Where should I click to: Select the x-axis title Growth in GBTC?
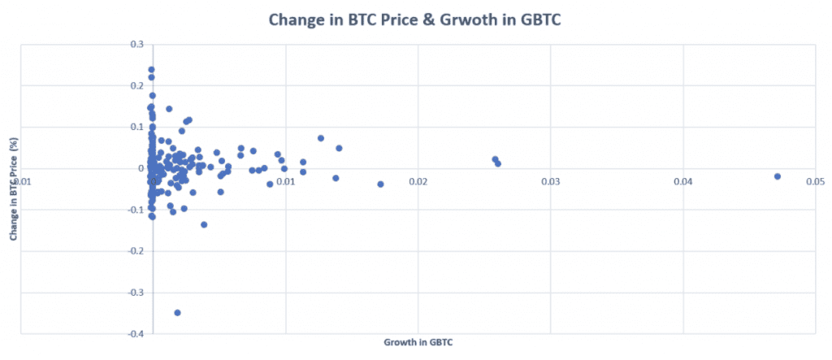(x=418, y=343)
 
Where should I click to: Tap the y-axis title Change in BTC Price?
(x=13, y=189)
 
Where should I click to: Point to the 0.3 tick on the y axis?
(x=138, y=44)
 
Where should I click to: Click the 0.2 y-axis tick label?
(x=138, y=85)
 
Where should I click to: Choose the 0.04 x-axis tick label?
(x=682, y=181)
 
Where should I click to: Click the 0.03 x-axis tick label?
(x=550, y=181)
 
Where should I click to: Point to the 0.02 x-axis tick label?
(x=418, y=181)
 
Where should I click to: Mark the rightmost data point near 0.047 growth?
(x=778, y=176)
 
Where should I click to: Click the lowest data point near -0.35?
(x=177, y=312)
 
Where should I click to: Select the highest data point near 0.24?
(x=151, y=70)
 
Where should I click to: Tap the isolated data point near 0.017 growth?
(x=380, y=184)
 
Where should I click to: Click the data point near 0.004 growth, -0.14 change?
(x=204, y=224)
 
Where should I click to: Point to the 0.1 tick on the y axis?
(x=138, y=127)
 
